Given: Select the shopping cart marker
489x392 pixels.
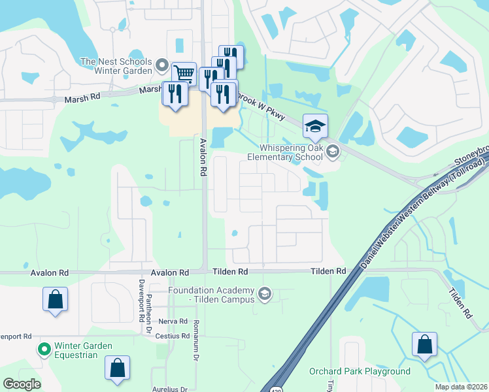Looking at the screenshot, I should (184, 74).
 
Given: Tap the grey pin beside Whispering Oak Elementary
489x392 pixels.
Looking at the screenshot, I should (333, 152).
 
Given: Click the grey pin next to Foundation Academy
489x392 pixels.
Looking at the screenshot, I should (264, 294).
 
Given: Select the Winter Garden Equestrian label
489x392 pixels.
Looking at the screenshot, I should (74, 350).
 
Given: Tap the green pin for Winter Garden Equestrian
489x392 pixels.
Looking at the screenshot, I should (44, 350).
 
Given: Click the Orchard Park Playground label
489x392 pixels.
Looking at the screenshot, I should (360, 372).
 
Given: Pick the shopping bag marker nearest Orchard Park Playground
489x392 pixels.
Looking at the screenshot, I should (424, 344).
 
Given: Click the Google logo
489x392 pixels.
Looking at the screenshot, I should (22, 384).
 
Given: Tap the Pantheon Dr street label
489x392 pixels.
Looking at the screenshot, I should (149, 306).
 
